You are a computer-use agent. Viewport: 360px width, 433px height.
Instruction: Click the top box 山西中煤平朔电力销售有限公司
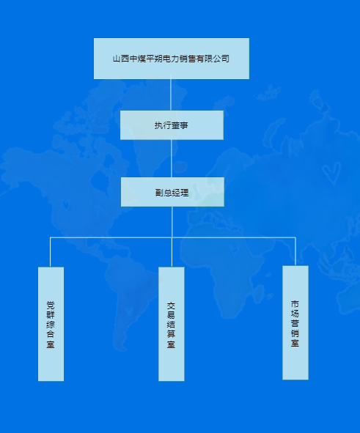pyautogui.click(x=172, y=59)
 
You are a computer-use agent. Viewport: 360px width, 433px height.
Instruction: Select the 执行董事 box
pyautogui.click(x=172, y=125)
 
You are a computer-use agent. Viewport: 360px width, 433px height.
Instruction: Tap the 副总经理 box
pyautogui.click(x=172, y=192)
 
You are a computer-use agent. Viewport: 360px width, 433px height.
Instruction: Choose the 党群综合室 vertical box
pyautogui.click(x=51, y=324)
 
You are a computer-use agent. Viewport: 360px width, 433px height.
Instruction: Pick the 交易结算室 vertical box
pyautogui.click(x=172, y=324)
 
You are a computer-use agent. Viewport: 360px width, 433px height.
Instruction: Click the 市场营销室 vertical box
pyautogui.click(x=295, y=323)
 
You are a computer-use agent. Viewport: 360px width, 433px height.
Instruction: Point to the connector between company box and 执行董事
pyautogui.click(x=171, y=95)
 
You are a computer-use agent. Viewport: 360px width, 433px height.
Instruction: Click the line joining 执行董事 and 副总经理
pyautogui.click(x=172, y=158)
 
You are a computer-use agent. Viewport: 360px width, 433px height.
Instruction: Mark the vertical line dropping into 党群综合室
pyautogui.click(x=51, y=252)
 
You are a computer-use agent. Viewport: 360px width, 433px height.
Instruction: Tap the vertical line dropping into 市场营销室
pyautogui.click(x=295, y=251)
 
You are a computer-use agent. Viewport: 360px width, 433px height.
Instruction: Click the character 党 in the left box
pyautogui.click(x=51, y=305)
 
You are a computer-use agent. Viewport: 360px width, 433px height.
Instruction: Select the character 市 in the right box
pyautogui.click(x=295, y=304)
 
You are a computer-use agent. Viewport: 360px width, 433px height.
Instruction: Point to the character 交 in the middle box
pyautogui.click(x=171, y=306)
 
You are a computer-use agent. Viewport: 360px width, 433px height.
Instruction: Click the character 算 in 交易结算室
pyautogui.click(x=171, y=334)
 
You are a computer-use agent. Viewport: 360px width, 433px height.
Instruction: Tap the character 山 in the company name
pyautogui.click(x=117, y=59)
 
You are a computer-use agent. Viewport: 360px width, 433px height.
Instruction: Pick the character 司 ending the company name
pyautogui.click(x=225, y=59)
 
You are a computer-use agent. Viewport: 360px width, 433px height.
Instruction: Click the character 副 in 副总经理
pyautogui.click(x=159, y=193)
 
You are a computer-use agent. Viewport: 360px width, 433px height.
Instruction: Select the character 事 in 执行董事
pyautogui.click(x=184, y=125)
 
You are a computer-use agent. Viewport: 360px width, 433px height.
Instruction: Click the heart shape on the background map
pyautogui.click(x=331, y=173)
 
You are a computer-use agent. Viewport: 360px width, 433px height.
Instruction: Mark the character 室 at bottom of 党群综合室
pyautogui.click(x=51, y=344)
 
